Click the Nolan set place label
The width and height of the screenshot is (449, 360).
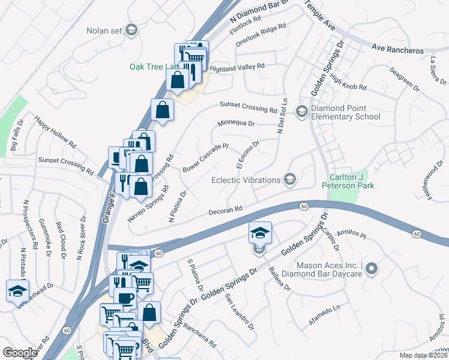105,29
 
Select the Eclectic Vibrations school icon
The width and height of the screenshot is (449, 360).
290,179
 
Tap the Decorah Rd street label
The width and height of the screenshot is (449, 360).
225,211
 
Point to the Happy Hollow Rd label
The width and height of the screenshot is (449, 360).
56,132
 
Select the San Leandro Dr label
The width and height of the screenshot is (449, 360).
240,312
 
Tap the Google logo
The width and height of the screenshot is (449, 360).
20,353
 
